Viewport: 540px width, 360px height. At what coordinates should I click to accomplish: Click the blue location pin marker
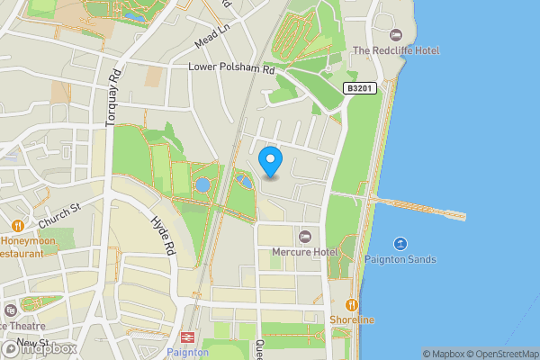(x=271, y=161)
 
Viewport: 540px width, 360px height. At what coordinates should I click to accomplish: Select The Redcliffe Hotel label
(x=397, y=50)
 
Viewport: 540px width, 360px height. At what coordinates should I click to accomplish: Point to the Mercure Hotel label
(x=304, y=252)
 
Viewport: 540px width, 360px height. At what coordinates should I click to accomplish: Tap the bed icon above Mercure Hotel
(x=304, y=236)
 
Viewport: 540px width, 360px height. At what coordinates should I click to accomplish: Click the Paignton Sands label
(x=400, y=260)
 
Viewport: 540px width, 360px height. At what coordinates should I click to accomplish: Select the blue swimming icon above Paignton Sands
(x=400, y=244)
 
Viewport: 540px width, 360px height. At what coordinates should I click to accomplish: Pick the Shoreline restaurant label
(x=352, y=320)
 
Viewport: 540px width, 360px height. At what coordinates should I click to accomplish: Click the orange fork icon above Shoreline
(x=352, y=304)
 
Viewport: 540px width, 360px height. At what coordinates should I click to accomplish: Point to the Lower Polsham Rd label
(x=232, y=68)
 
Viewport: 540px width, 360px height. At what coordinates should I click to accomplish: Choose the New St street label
(x=31, y=343)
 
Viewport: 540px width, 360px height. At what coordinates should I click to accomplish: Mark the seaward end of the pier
(x=463, y=216)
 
